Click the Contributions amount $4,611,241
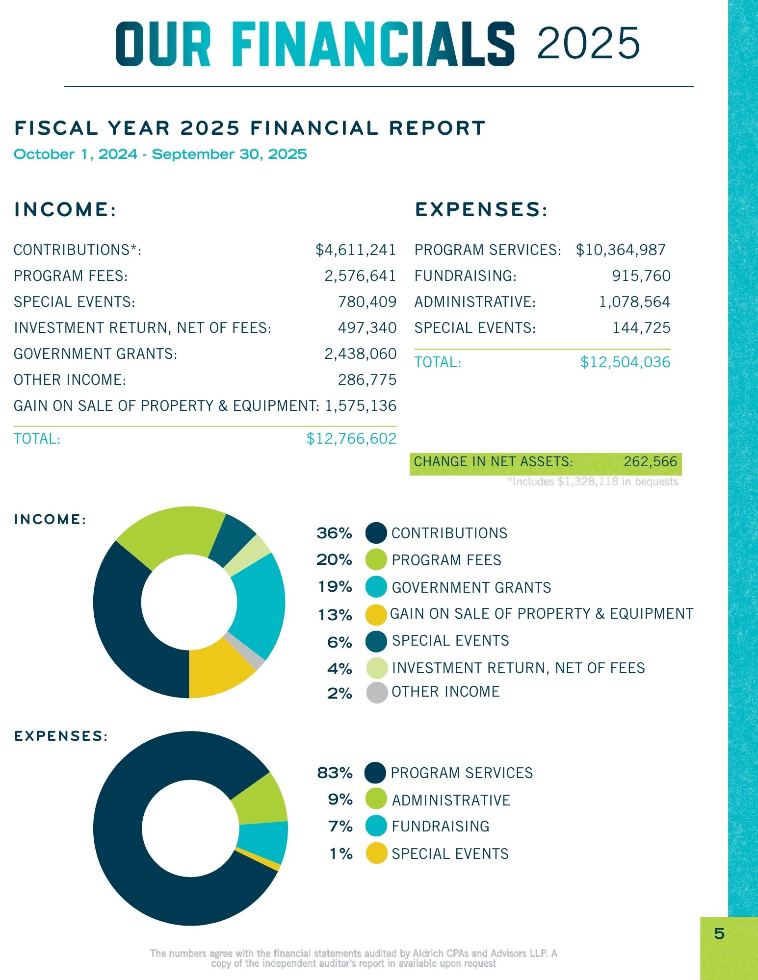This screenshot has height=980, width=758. [355, 250]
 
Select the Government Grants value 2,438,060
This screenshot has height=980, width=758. [360, 354]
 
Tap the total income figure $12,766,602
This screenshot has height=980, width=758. [351, 438]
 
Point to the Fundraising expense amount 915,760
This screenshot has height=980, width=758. [641, 276]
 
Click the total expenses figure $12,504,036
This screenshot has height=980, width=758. [625, 362]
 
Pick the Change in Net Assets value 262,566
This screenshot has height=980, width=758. [650, 462]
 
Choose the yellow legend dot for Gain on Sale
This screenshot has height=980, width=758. [376, 615]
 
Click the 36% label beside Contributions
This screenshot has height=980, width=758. [334, 533]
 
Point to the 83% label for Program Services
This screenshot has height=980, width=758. [335, 773]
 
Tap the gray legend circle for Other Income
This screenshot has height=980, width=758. [377, 692]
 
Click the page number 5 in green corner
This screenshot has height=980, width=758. [719, 933]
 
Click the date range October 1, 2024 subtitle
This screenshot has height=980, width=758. [160, 154]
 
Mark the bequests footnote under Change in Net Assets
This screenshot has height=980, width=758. [592, 482]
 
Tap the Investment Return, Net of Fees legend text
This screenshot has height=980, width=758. [518, 668]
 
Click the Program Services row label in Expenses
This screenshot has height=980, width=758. [487, 250]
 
